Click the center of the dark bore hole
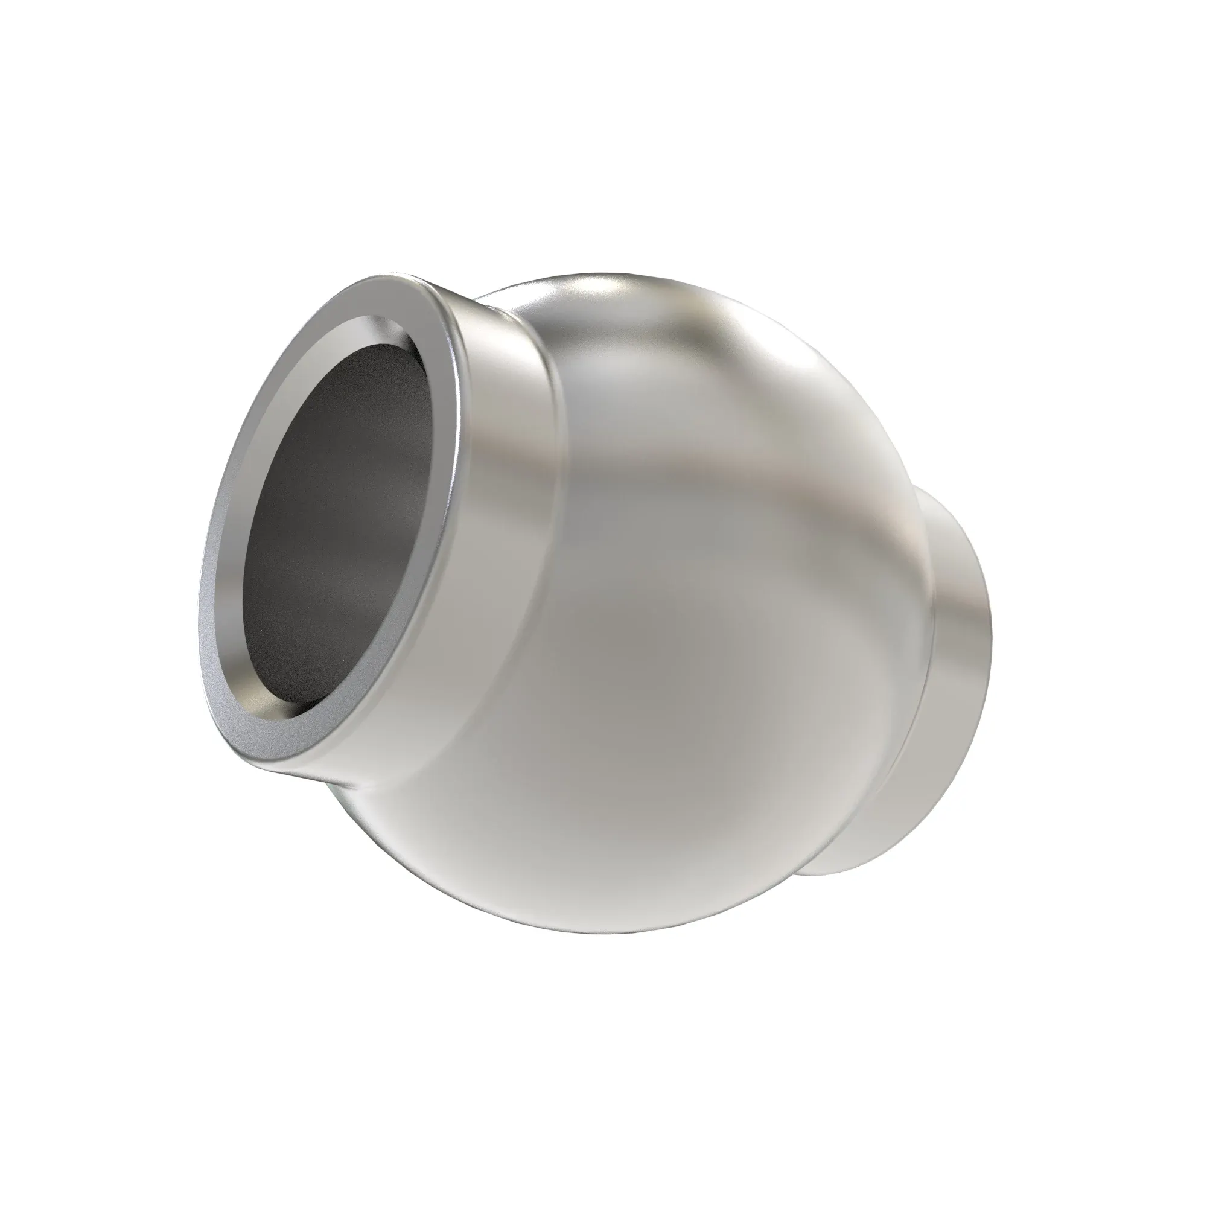(340, 521)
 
